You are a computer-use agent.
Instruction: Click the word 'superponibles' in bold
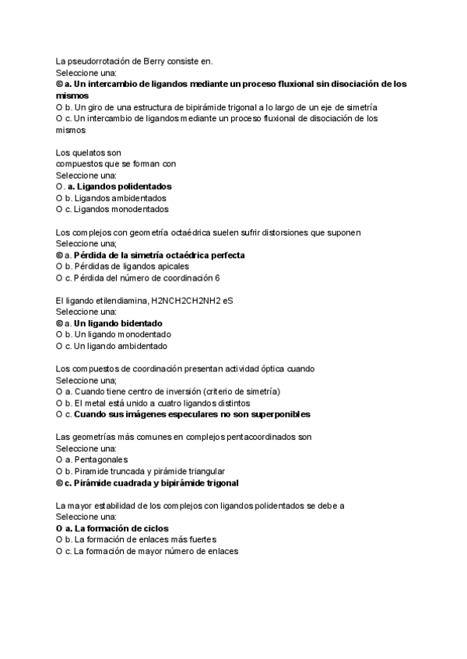pyautogui.click(x=277, y=414)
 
